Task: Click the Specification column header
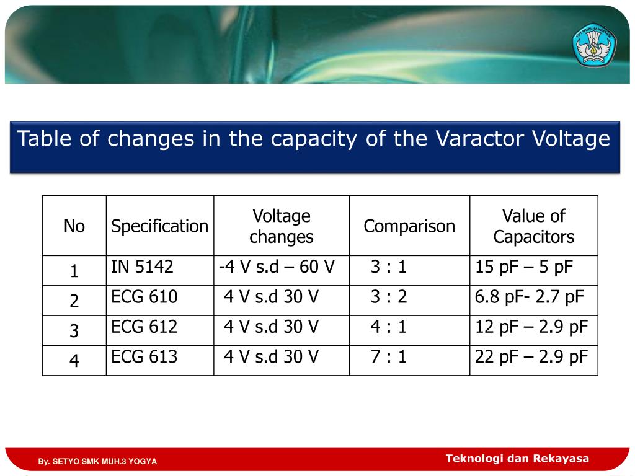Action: (x=159, y=226)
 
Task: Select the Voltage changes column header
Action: (x=282, y=226)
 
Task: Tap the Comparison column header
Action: (x=409, y=226)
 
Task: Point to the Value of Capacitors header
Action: (x=533, y=226)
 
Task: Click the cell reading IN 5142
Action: (x=142, y=267)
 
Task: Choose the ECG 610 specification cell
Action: (x=144, y=297)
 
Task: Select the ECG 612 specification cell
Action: (x=144, y=327)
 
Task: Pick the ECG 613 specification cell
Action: (x=144, y=356)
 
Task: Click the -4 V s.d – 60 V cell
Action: (x=277, y=267)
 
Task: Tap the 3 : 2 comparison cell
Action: (x=389, y=297)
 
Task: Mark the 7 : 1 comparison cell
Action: (x=389, y=356)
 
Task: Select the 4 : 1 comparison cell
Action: (x=389, y=327)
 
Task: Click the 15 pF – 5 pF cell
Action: (x=524, y=267)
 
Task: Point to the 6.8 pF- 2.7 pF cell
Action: (x=530, y=297)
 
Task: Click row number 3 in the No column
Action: (x=74, y=331)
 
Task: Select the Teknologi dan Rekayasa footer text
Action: (x=517, y=459)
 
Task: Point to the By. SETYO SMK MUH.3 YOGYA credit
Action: (x=97, y=462)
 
